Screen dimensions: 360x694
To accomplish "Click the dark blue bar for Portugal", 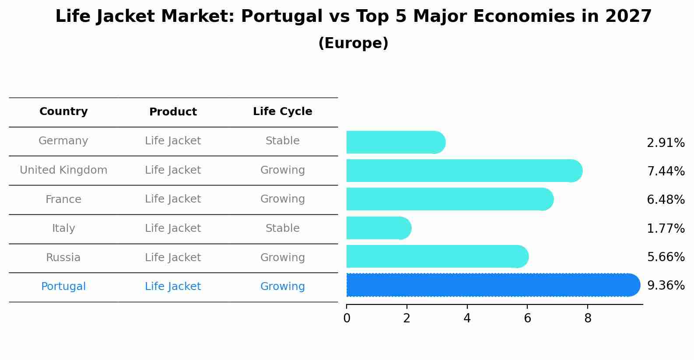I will (x=490, y=285).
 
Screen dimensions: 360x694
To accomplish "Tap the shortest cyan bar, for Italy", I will (x=377, y=228).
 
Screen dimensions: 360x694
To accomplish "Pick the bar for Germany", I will (x=394, y=142).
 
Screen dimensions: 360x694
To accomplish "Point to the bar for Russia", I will (x=435, y=256).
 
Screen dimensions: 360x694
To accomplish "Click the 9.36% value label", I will (x=666, y=286).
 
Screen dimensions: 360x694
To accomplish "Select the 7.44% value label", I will (x=666, y=171).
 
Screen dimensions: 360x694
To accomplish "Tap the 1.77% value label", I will (x=666, y=228).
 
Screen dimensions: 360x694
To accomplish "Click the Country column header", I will (x=63, y=112).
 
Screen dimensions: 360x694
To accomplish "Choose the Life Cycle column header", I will (x=282, y=112).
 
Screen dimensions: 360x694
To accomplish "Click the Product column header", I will (x=173, y=112).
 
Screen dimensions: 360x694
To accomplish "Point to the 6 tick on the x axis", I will (x=527, y=318).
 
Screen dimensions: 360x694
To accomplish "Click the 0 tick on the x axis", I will (x=347, y=318).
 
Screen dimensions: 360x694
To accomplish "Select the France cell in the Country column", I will (x=63, y=199).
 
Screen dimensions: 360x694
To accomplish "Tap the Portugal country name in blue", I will (x=63, y=287).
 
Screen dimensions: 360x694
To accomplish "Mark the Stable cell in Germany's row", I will (x=282, y=141).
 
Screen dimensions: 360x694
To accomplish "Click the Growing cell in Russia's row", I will (x=282, y=258).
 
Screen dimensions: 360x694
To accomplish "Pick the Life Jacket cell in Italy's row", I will (x=173, y=228).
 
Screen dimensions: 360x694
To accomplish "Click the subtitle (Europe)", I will (x=353, y=43).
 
